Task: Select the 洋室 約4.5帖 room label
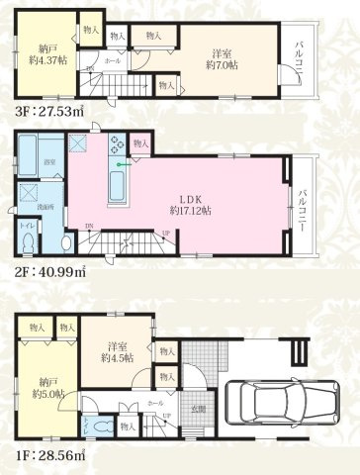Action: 117,352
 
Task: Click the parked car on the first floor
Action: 265,402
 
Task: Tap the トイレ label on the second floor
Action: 26,227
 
